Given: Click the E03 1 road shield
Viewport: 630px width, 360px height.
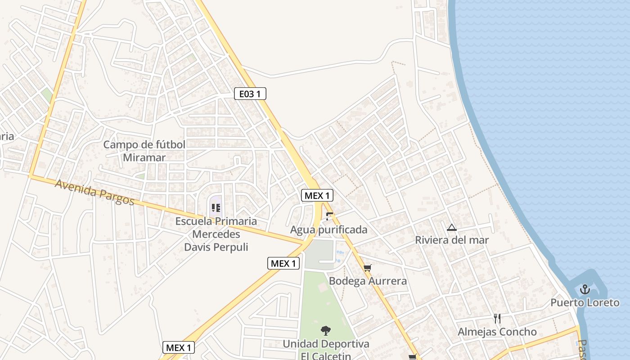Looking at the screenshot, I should point(250,94).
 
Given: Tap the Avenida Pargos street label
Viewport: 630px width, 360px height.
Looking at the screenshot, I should point(95,192).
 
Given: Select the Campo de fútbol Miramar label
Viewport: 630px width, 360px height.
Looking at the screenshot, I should point(144,151).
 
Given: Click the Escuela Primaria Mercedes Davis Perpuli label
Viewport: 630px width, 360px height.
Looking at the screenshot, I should point(216,234).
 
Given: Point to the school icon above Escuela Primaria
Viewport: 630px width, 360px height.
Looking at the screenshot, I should point(216,208).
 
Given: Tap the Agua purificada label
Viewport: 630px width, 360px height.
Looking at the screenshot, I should point(328,230).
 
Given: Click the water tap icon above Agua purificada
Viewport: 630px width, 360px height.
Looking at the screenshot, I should point(329,216).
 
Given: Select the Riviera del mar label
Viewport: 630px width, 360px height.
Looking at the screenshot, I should point(451,240).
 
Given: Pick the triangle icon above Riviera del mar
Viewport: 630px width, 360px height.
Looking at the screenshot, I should point(452,228).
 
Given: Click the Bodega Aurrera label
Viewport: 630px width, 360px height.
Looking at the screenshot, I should point(368,281).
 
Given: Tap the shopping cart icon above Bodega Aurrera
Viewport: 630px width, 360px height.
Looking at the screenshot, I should point(368,269).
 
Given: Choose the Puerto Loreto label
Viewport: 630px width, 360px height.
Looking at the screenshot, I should point(585,302).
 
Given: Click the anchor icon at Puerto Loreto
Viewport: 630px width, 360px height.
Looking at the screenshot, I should point(585,289).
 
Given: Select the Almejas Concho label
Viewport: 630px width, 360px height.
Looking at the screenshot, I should point(497,332).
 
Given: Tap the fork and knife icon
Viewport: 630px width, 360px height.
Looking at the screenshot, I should point(497,319).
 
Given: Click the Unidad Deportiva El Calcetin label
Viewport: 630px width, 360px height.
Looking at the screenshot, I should point(326,350).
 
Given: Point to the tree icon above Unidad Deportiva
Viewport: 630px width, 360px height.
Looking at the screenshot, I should point(325,331).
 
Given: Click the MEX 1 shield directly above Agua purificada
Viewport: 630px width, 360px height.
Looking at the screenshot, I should point(317,195).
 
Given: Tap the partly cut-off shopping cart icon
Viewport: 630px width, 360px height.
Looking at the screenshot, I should point(412,357).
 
